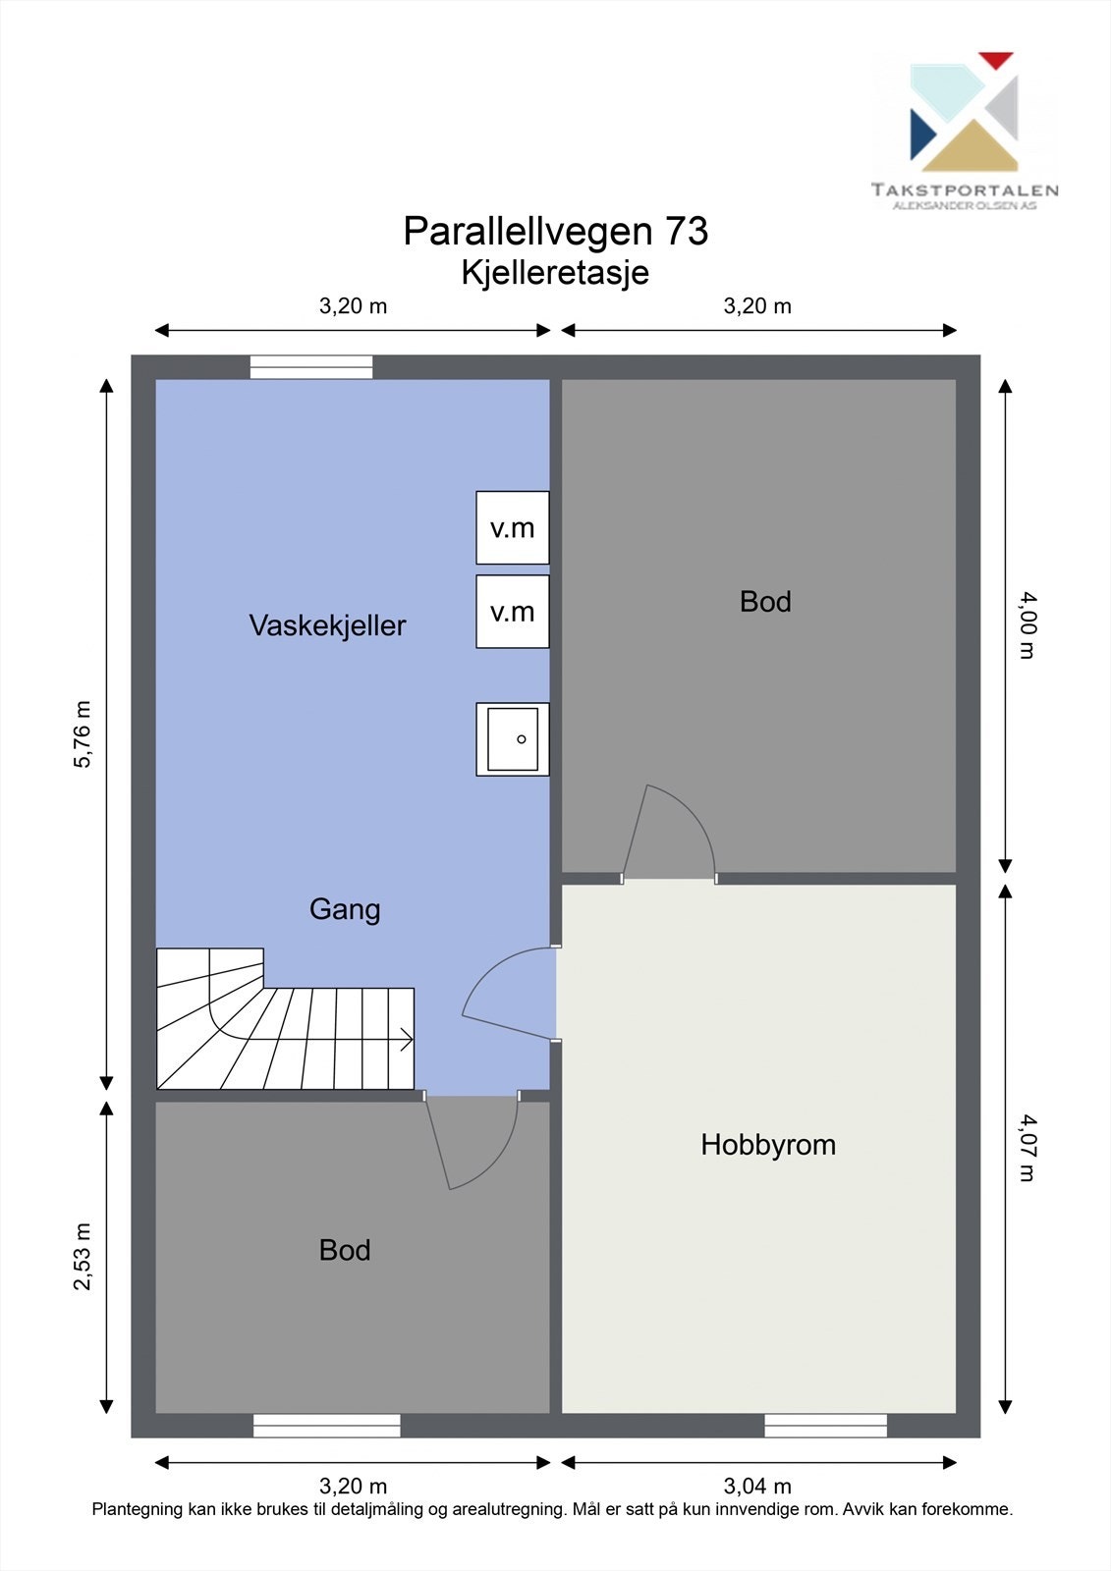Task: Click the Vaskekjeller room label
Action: pos(327,625)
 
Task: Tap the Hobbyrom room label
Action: pos(768,1145)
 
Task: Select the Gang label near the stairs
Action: pos(345,909)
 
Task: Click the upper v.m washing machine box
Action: pos(513,528)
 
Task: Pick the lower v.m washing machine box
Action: pos(513,612)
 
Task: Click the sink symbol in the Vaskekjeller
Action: pos(513,739)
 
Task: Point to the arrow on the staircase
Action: pos(404,1040)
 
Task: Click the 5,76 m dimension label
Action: pos(82,733)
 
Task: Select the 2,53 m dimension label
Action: pos(82,1256)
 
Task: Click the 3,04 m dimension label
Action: pos(757,1487)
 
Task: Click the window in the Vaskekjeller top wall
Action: pos(311,367)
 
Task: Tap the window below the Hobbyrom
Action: pos(825,1426)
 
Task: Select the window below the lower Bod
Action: pos(326,1426)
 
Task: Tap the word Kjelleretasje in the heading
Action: pos(555,272)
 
